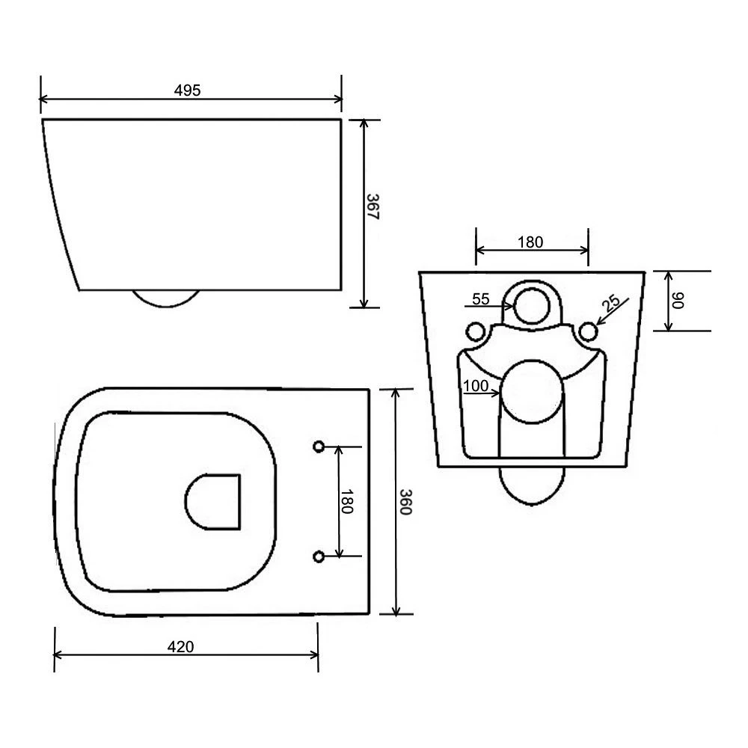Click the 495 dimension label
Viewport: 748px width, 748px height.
188,90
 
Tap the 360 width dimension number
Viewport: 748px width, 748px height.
405,502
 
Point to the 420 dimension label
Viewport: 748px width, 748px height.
181,647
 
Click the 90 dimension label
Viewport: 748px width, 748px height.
678,301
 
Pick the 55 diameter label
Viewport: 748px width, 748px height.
480,299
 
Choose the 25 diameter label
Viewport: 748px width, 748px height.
611,304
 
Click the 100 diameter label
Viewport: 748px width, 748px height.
476,387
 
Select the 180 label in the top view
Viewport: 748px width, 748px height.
347,501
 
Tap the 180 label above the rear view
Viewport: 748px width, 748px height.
530,242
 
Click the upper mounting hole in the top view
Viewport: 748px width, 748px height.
318,447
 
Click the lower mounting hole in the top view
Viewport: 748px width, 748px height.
318,556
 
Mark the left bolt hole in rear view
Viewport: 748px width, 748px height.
474,331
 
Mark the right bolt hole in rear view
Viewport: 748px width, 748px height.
589,331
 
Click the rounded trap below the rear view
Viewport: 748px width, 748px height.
532,485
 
